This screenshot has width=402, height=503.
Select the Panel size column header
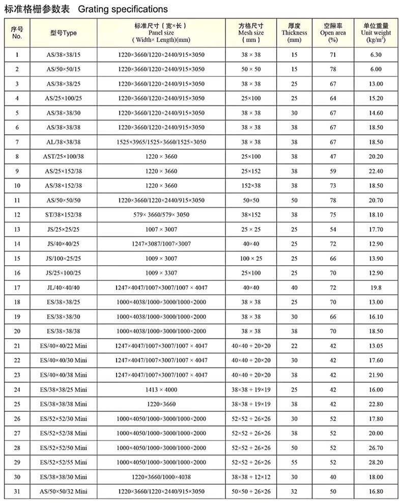pos(161,32)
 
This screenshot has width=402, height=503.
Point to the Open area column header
pos(333,32)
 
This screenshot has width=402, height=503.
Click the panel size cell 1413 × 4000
pos(161,389)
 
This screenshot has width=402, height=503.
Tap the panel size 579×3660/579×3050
pos(161,215)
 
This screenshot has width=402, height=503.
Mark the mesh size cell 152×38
pos(251,185)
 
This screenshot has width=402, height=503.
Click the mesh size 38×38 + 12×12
pos(251,477)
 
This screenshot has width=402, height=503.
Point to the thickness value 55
pos(294,462)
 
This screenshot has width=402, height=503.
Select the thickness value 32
pos(294,491)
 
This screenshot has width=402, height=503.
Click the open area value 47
pos(333,156)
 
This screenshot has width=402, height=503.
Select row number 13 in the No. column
pos(17,229)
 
